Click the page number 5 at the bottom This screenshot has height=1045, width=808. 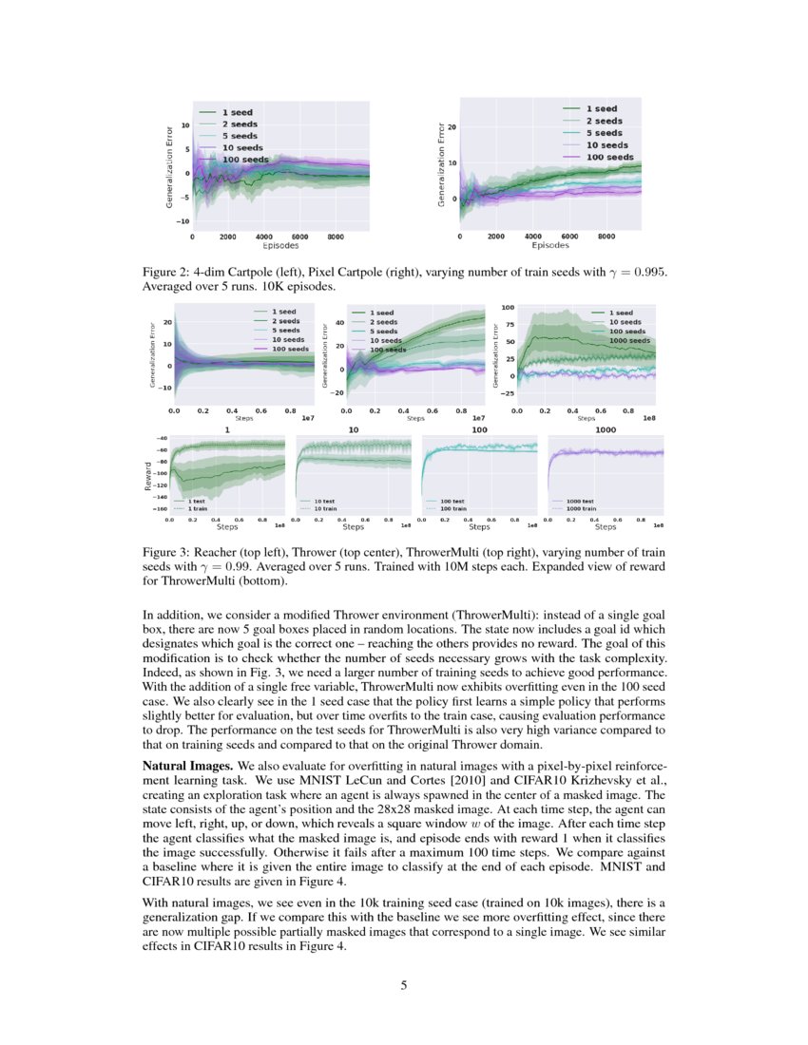click(x=404, y=985)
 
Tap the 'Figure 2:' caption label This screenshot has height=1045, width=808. click(x=170, y=272)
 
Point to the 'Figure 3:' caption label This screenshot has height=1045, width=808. click(x=170, y=552)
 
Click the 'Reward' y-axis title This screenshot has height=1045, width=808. click(x=148, y=476)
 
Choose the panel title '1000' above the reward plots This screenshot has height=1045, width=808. click(x=605, y=429)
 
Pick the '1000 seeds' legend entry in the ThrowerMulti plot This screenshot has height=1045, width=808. click(x=628, y=340)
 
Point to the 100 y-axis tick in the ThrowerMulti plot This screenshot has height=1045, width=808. click(x=509, y=308)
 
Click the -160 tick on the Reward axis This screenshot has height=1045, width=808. click(x=161, y=509)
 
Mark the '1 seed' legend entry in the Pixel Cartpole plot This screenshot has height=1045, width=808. click(x=600, y=109)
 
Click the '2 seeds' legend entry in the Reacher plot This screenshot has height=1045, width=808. click(x=286, y=321)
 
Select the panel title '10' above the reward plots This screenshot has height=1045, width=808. click(x=353, y=429)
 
